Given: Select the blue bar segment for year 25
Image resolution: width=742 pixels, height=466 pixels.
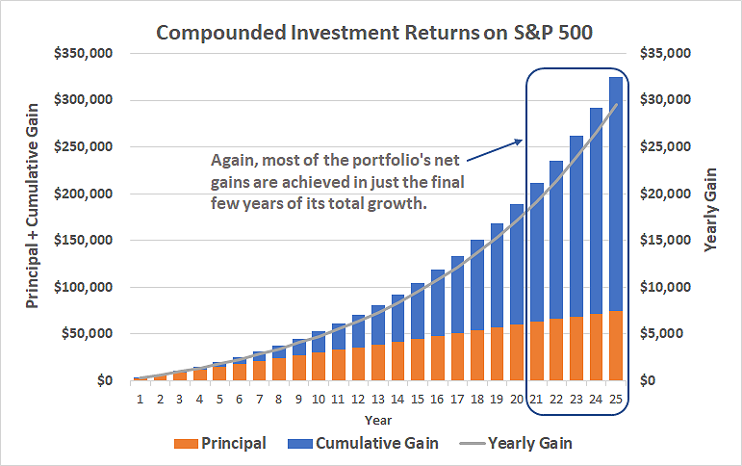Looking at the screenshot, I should [x=615, y=193].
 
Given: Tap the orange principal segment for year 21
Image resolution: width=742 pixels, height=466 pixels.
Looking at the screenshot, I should [x=536, y=351].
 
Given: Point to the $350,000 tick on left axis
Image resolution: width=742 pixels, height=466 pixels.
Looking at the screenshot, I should [x=82, y=53].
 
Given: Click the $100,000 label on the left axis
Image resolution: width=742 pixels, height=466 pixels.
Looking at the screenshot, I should [x=82, y=287].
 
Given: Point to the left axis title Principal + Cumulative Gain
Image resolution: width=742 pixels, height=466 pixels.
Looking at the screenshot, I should [x=32, y=217].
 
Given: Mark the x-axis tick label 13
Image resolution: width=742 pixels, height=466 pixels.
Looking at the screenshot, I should [x=378, y=399].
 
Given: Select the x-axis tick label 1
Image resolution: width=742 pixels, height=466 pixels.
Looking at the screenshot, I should [x=141, y=399].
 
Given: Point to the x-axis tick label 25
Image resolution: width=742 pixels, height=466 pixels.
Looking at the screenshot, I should [x=615, y=399].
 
